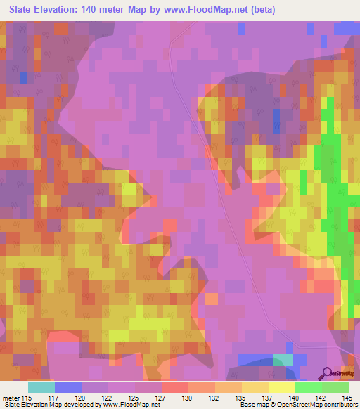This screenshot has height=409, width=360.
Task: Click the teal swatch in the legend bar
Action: click(41, 387)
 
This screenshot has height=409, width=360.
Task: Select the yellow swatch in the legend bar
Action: click(282, 387)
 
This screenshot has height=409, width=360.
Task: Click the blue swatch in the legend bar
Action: click(68, 387)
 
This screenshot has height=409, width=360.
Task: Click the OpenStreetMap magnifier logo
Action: click(328, 372)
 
